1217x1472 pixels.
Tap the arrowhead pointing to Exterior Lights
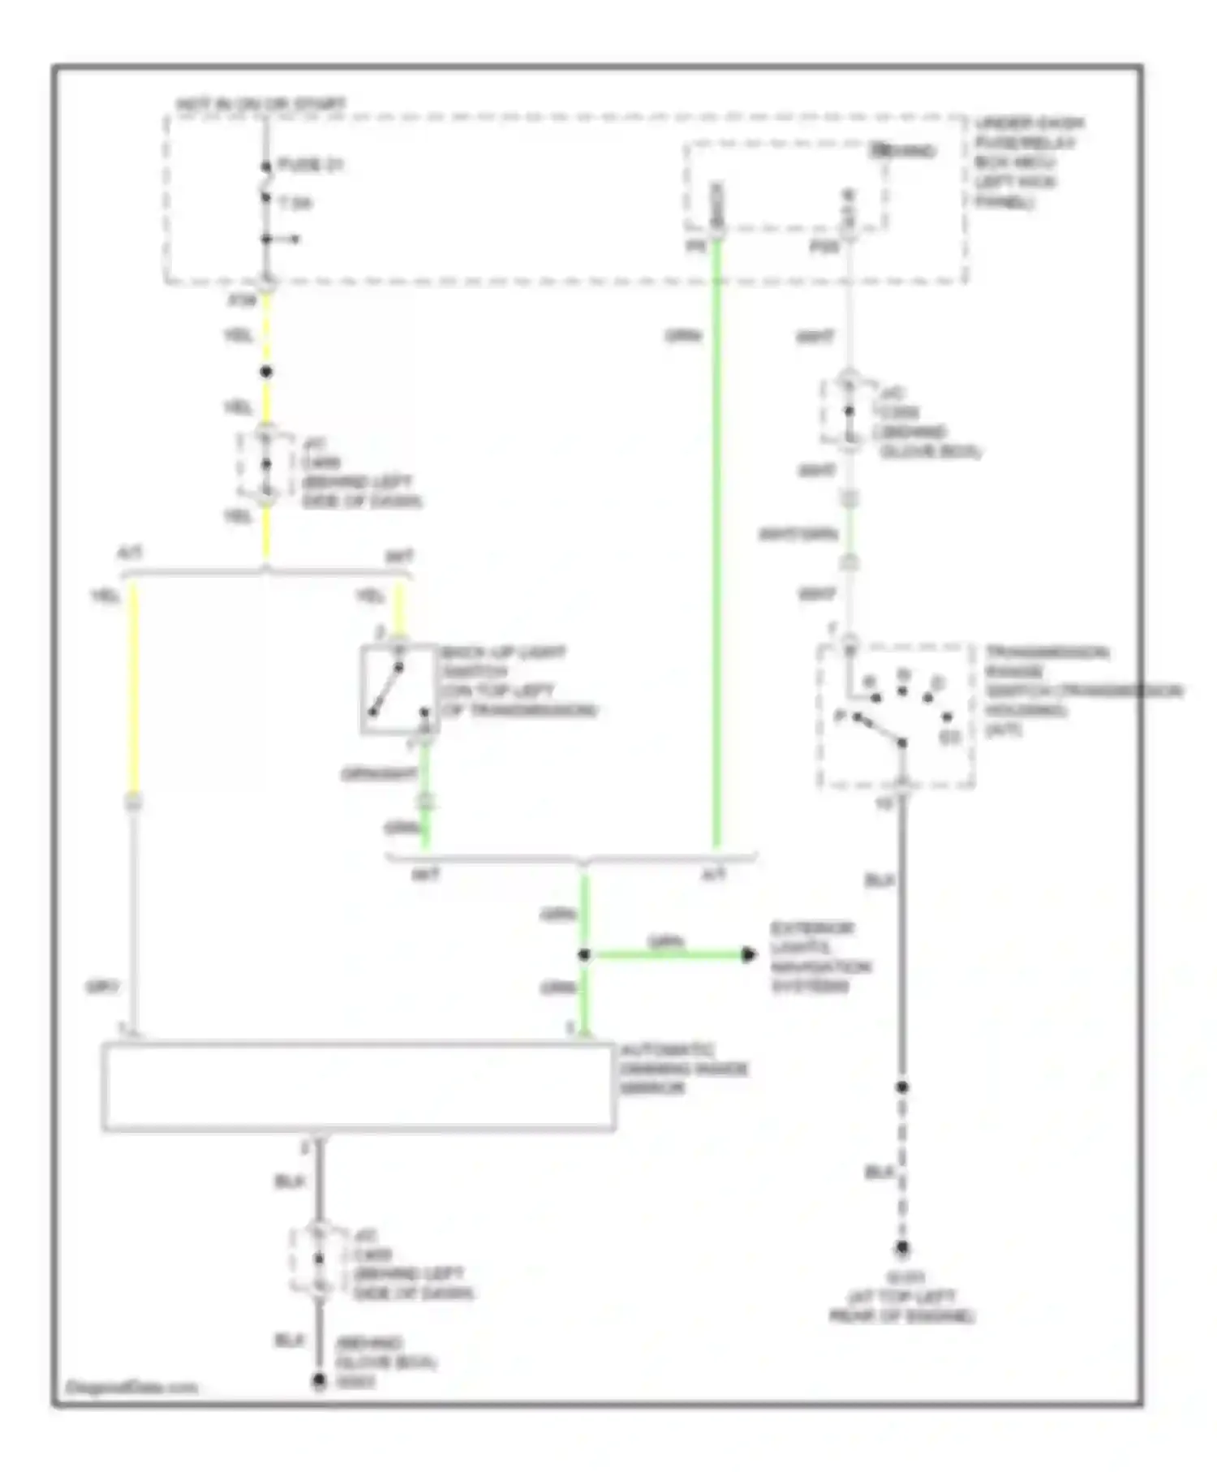(x=749, y=954)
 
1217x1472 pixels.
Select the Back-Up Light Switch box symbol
(x=398, y=690)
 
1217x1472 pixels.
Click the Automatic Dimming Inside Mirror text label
(x=682, y=1069)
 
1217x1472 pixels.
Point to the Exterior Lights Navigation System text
(x=819, y=957)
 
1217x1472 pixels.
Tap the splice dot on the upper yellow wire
(x=266, y=372)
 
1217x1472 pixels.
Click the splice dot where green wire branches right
(x=584, y=955)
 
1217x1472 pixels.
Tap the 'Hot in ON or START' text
(x=261, y=105)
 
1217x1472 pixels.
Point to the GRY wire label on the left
(x=102, y=988)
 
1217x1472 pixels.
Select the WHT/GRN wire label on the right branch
(x=798, y=535)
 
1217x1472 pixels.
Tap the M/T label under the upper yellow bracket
(x=398, y=557)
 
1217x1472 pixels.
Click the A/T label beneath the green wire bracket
(x=713, y=874)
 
